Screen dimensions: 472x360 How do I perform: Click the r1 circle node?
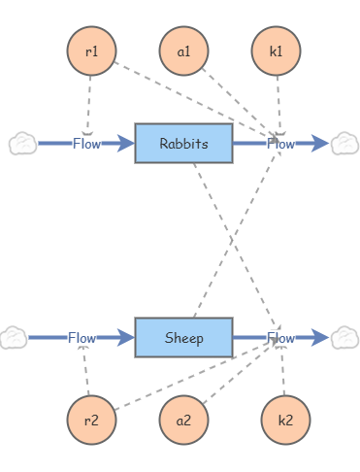(x=91, y=51)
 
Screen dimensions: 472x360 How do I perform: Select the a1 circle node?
(x=183, y=51)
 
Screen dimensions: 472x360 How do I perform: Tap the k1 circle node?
(x=276, y=51)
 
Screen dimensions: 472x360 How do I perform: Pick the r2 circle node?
(x=91, y=421)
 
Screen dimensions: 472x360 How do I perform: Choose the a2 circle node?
(x=183, y=421)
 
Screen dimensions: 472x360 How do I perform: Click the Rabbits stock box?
(x=183, y=144)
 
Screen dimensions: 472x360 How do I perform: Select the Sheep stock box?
(x=183, y=338)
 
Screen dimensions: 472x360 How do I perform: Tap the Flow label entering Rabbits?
(x=86, y=144)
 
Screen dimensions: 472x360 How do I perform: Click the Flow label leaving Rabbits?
(x=280, y=144)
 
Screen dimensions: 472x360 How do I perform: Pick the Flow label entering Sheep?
(x=82, y=338)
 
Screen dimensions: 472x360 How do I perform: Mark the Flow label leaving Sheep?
(x=280, y=338)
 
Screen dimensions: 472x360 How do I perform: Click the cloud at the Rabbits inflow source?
(x=22, y=144)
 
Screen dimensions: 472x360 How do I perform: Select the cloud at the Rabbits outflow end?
(x=344, y=144)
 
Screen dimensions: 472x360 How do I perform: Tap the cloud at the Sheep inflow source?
(x=13, y=338)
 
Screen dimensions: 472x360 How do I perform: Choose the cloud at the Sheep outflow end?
(x=344, y=338)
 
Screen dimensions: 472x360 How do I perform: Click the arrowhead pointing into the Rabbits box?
(x=125, y=144)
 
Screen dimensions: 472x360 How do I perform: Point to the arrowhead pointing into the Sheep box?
(x=125, y=338)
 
